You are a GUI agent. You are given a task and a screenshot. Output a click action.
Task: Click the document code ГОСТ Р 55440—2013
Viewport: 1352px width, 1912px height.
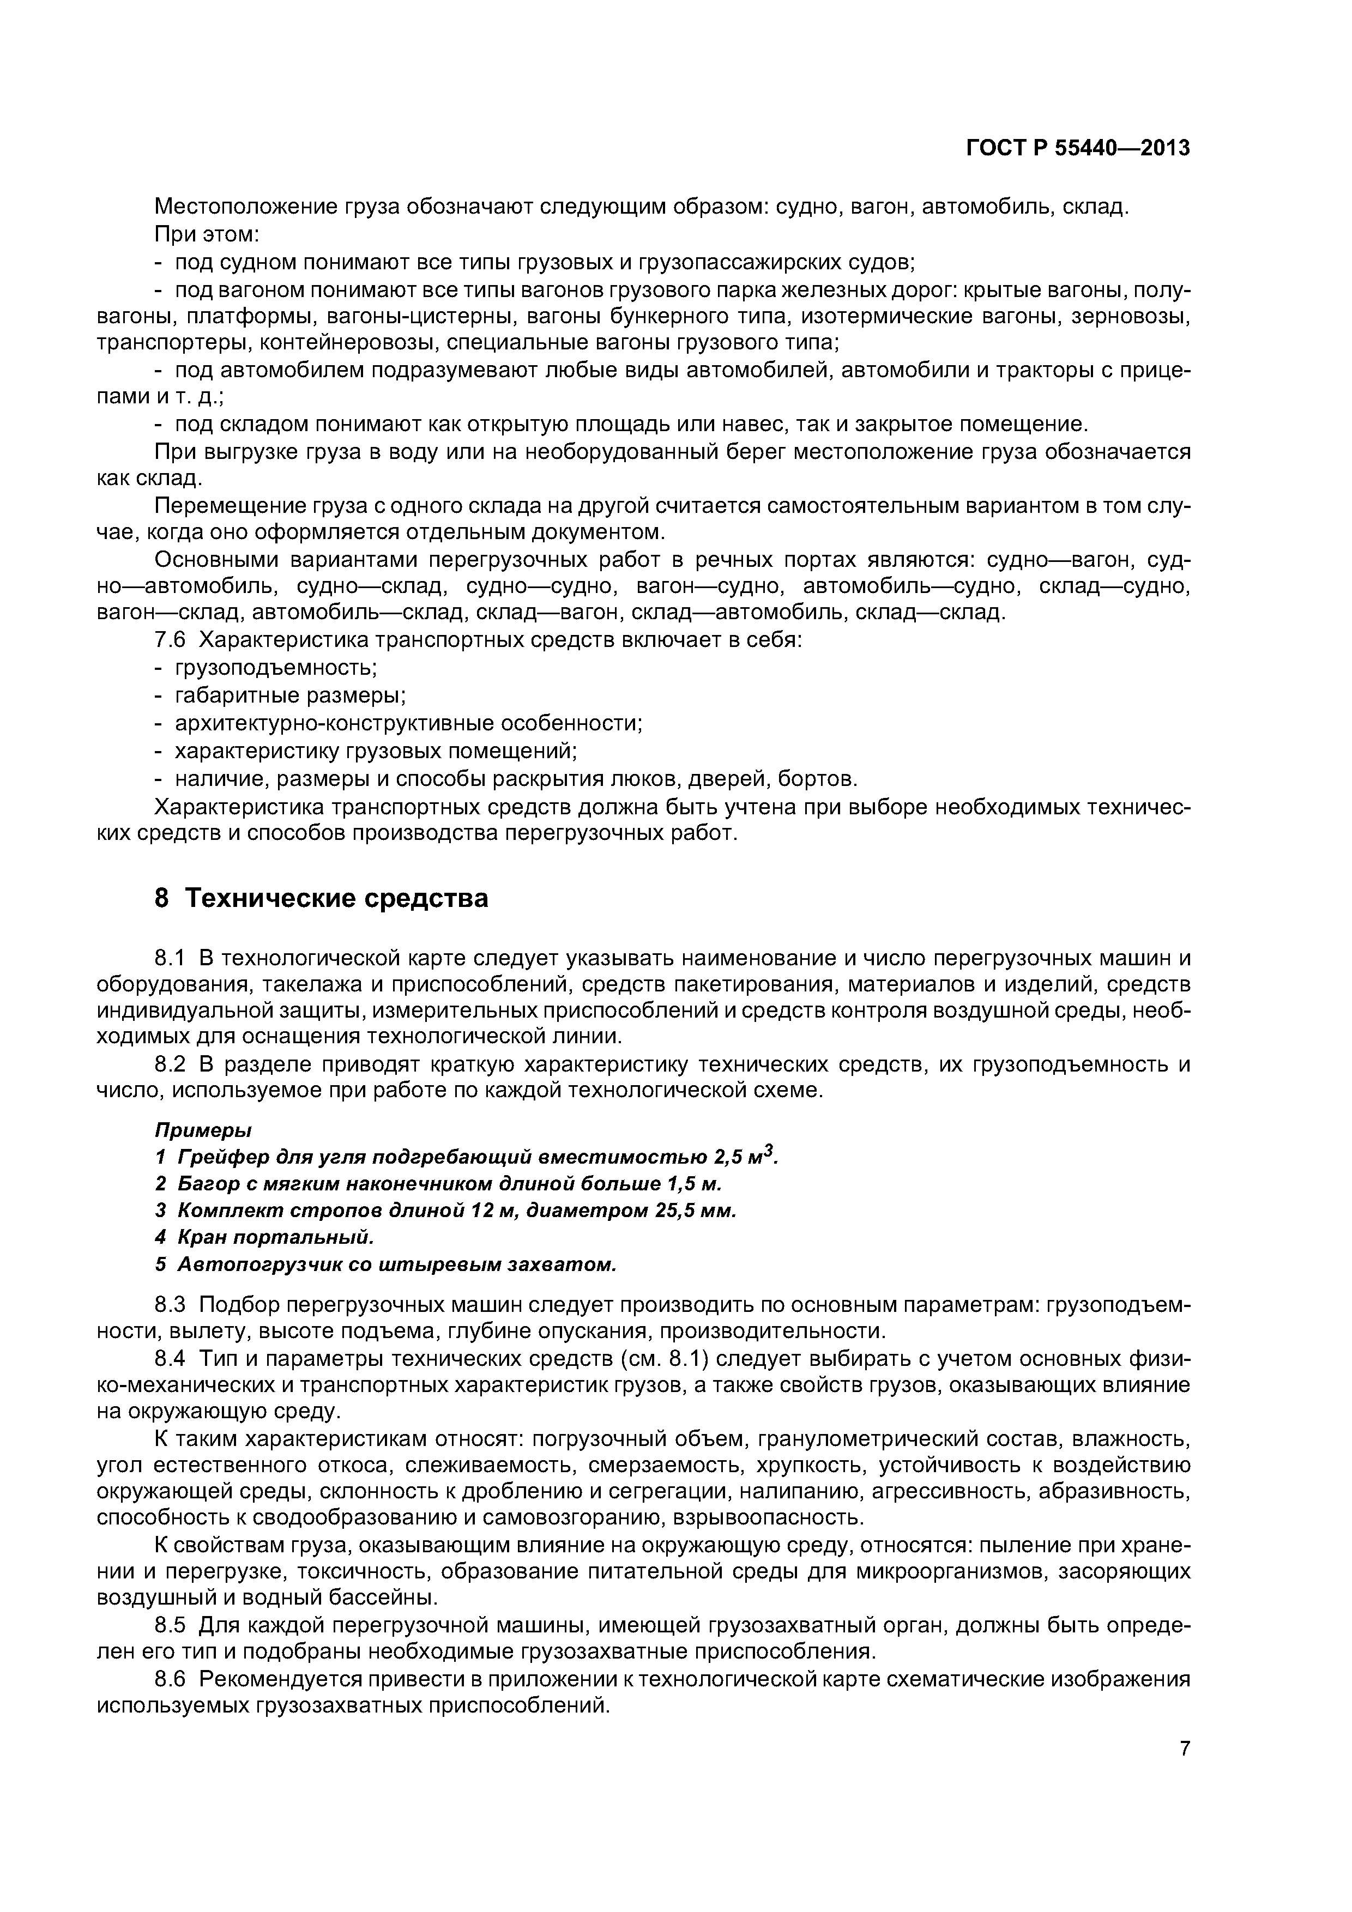(x=1077, y=148)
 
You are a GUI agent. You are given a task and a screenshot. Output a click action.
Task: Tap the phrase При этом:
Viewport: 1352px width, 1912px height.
(x=208, y=235)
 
